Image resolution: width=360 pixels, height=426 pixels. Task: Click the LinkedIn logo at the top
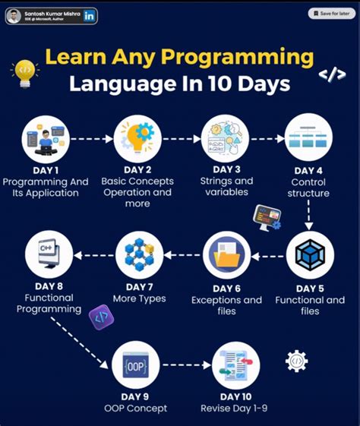point(90,14)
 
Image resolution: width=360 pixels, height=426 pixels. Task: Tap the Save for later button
point(331,14)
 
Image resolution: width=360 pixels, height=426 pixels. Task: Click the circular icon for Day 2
point(137,139)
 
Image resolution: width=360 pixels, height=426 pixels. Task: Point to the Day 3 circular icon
point(226,139)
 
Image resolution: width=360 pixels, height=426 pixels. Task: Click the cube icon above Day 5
point(309,254)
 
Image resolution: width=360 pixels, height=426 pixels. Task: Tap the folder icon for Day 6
point(226,254)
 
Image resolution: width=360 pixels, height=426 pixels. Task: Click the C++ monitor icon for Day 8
point(48,254)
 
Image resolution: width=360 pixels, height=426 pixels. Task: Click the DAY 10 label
point(235,396)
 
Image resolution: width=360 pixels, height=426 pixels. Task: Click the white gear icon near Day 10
point(296,361)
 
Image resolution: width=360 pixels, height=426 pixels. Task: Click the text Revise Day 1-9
point(235,409)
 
